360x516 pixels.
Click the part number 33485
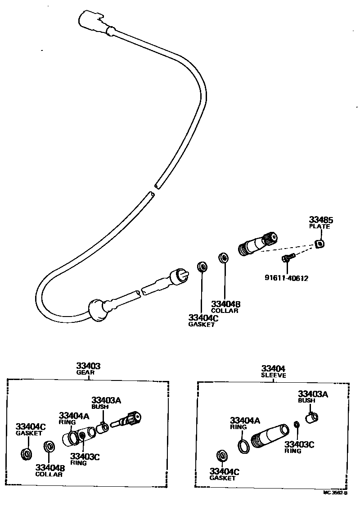[321, 220]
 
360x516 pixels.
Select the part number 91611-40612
[286, 278]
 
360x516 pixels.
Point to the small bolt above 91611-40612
[287, 258]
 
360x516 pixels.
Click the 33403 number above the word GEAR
[88, 366]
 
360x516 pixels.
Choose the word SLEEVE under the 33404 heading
[274, 375]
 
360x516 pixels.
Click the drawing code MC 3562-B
[335, 493]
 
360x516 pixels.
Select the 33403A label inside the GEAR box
[107, 400]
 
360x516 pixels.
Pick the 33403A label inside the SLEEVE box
[313, 394]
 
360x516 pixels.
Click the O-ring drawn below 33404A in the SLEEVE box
[243, 446]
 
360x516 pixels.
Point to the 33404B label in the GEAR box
[50, 467]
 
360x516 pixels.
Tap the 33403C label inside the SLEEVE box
[299, 444]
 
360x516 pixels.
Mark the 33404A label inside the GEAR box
[74, 416]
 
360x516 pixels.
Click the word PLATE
[319, 226]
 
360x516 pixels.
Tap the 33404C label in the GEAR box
[31, 426]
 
